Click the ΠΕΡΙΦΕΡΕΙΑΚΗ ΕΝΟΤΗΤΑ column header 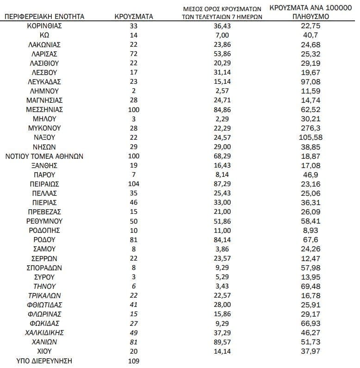pos(44,17)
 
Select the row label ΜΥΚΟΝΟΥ pos(44,128)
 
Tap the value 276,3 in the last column pos(310,128)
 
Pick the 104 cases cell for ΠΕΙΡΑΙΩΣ pos(134,184)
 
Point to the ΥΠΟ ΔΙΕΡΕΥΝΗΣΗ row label pos(44,361)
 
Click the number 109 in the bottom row pos(134,361)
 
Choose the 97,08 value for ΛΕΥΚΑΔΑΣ pos(310,81)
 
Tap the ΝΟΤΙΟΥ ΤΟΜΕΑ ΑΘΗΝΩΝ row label pos(44,156)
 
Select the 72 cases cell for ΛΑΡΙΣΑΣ pos(134,54)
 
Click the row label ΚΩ pos(44,35)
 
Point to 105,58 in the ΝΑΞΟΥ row pos(310,137)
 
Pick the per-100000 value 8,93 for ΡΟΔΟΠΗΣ pos(310,230)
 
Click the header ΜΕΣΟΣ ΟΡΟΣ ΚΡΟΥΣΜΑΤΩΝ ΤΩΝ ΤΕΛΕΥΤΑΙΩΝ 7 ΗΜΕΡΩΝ pos(223,12)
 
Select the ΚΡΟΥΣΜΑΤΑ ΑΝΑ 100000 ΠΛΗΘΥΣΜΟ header pos(310,12)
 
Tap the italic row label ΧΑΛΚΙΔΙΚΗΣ pos(44,333)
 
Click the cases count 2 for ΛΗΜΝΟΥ pos(134,91)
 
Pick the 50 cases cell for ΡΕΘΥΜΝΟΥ pos(134,221)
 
